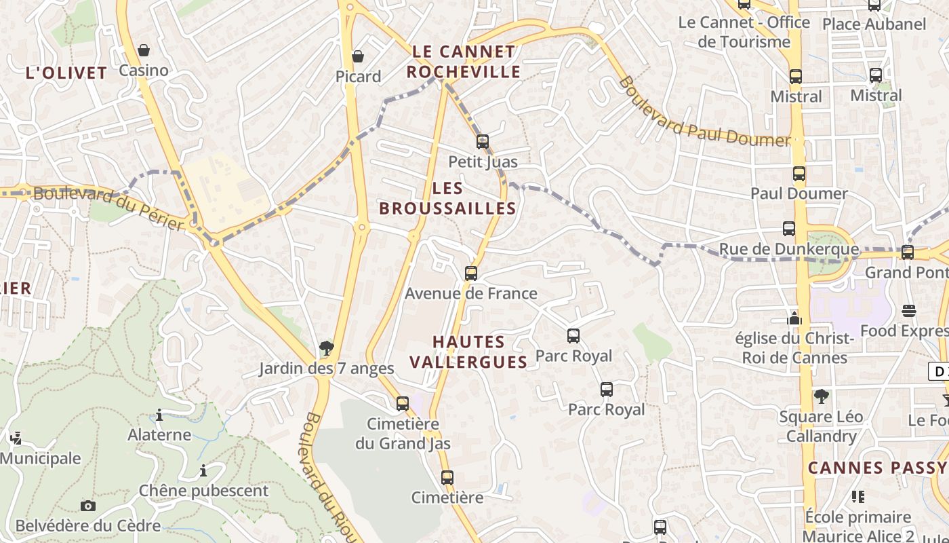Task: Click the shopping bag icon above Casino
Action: pyautogui.click(x=144, y=50)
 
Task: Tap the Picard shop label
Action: pyautogui.click(x=358, y=77)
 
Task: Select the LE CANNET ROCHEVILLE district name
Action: pyautogui.click(x=464, y=62)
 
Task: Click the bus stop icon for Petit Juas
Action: pyautogui.click(x=483, y=142)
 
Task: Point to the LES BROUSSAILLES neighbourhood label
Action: pyautogui.click(x=447, y=198)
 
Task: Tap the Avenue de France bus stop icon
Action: pyautogui.click(x=471, y=274)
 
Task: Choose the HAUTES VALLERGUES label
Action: pyautogui.click(x=468, y=352)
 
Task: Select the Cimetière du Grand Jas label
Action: pyautogui.click(x=403, y=434)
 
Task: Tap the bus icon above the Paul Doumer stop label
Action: pyautogui.click(x=799, y=174)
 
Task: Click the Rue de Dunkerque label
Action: pyautogui.click(x=788, y=249)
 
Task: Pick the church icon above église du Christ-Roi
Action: pyautogui.click(x=794, y=318)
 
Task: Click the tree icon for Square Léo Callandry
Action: pyautogui.click(x=822, y=396)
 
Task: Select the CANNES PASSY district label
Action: pyautogui.click(x=877, y=468)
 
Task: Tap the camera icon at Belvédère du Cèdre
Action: pyautogui.click(x=88, y=506)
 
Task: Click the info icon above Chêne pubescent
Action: pyautogui.click(x=203, y=470)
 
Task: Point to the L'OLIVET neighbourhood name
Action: pyautogui.click(x=66, y=73)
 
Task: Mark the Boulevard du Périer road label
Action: pyautogui.click(x=108, y=208)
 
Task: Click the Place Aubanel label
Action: pyautogui.click(x=874, y=24)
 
